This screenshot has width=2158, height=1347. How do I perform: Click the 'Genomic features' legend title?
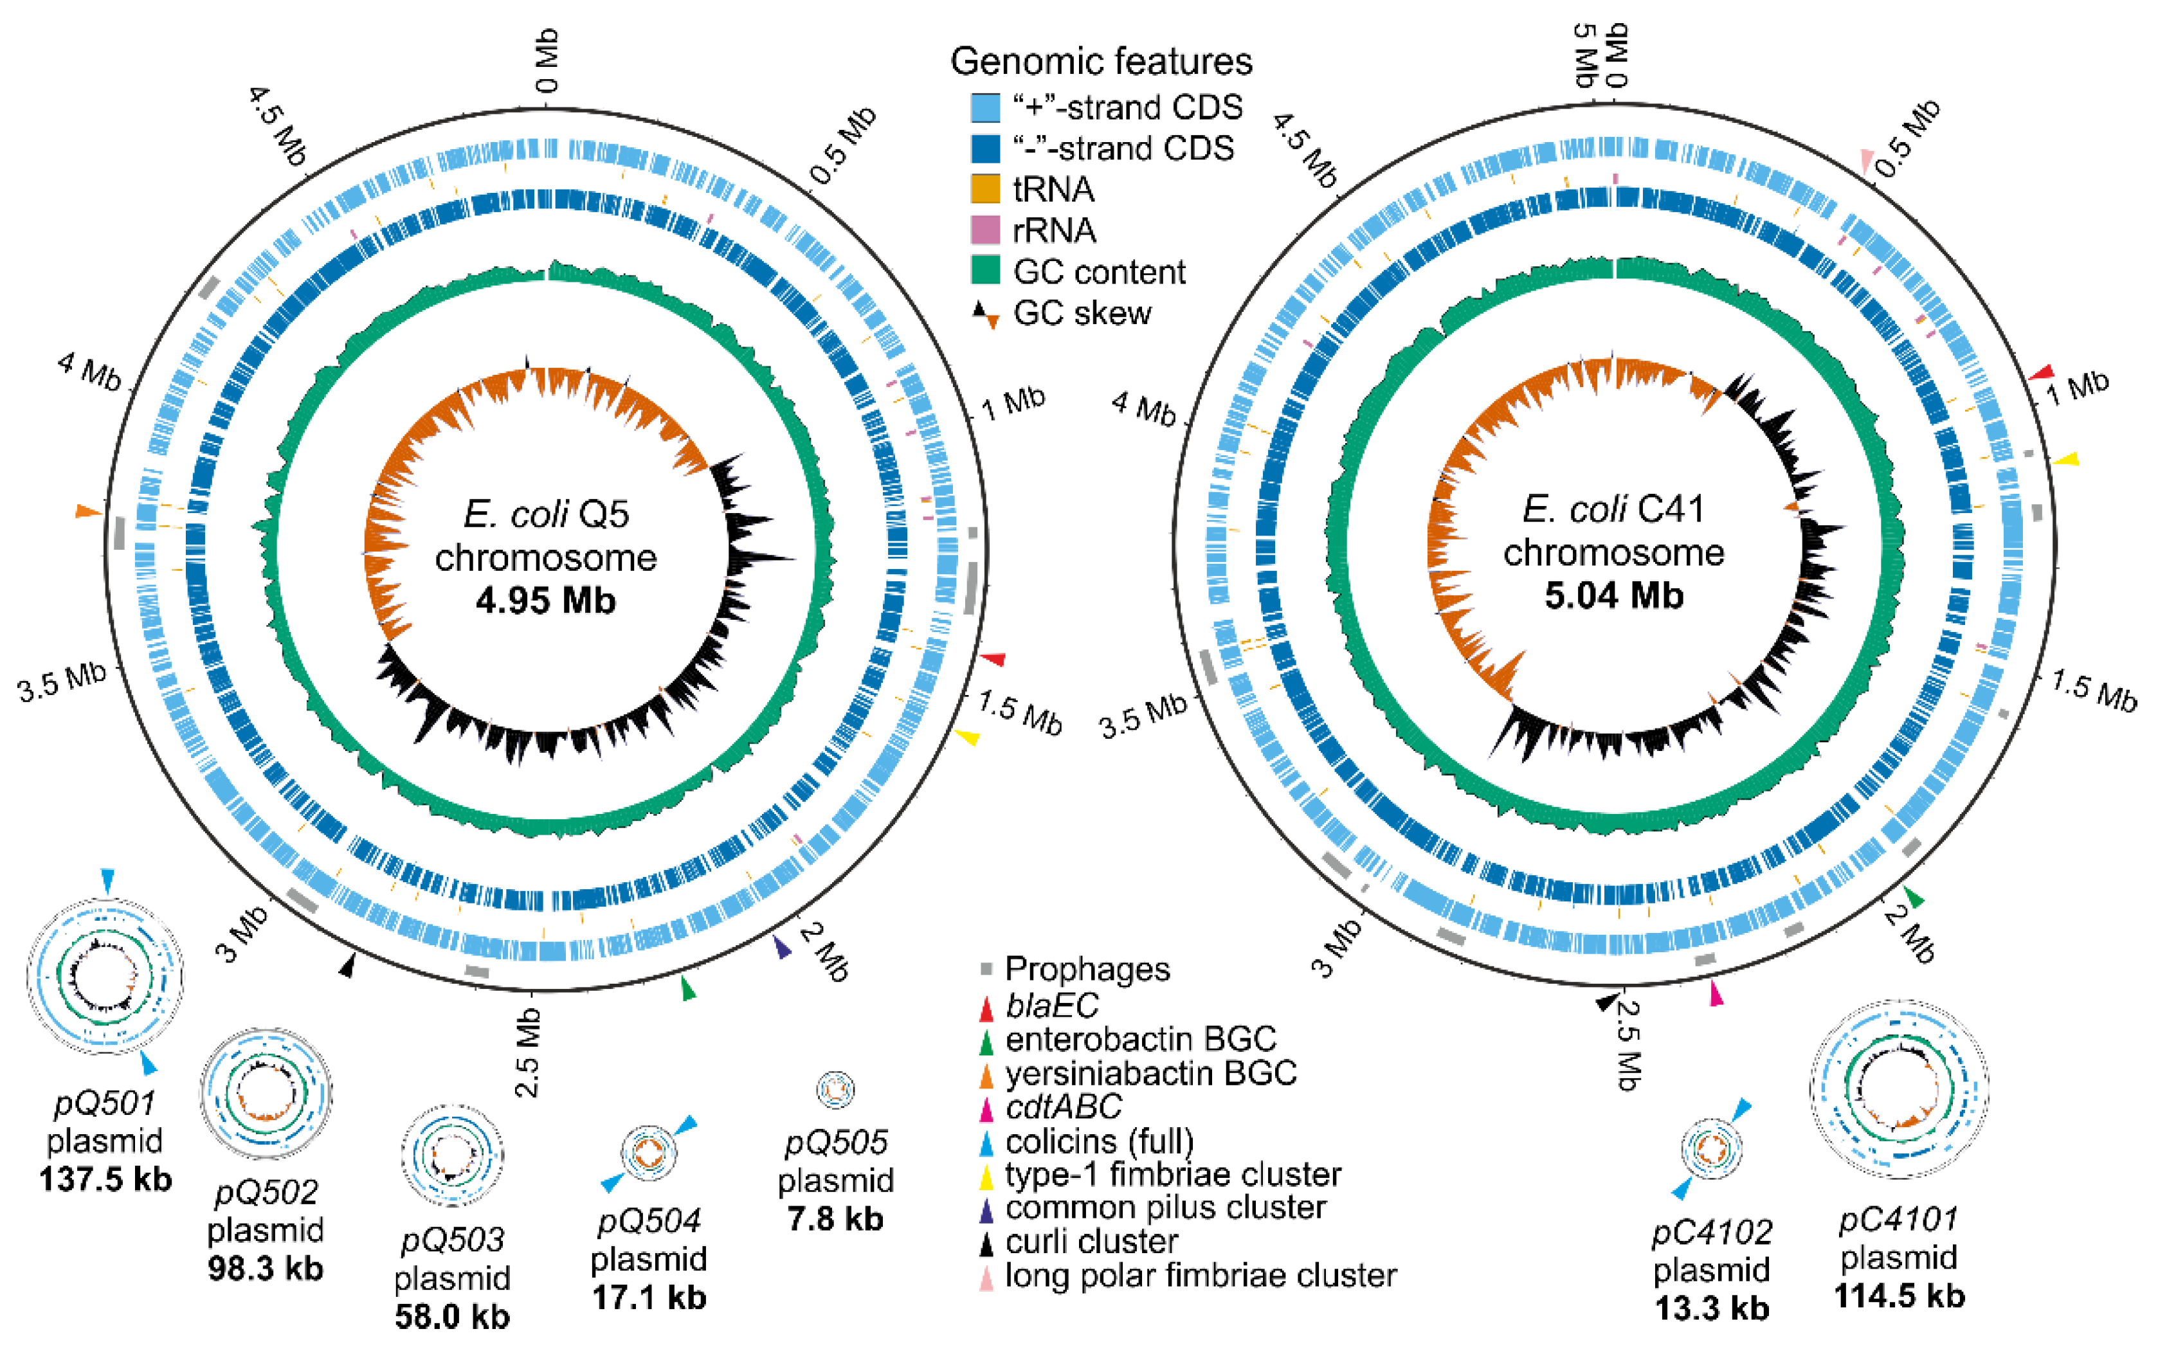tap(1102, 62)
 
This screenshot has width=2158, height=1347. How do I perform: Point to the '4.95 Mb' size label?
tap(545, 601)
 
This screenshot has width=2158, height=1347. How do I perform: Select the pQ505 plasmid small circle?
tap(835, 1088)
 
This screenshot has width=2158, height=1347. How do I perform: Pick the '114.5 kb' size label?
tap(1899, 1296)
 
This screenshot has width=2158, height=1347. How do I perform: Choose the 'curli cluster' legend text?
tap(1091, 1241)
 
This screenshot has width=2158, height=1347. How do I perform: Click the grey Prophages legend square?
tap(986, 968)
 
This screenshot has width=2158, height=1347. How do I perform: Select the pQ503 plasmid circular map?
tap(452, 1155)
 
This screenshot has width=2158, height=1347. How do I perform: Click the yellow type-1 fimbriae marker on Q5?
tap(968, 737)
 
